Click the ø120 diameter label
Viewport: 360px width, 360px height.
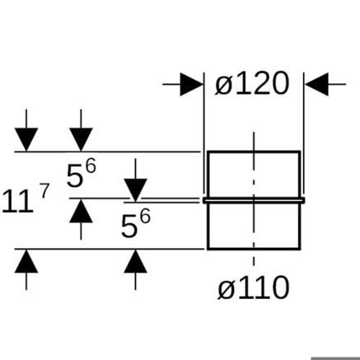(252, 83)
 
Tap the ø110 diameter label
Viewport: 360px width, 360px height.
(254, 288)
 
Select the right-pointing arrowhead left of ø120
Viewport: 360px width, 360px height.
(191, 84)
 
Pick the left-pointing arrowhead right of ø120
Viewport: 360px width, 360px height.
(316, 84)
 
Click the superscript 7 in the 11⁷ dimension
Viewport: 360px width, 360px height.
(44, 191)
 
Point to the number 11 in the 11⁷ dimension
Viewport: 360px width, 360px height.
(17, 202)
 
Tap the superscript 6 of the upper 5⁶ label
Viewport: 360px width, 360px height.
(91, 166)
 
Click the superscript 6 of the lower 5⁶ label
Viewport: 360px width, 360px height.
(145, 217)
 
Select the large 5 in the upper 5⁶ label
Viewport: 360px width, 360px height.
(75, 176)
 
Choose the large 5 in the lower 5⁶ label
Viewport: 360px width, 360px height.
(129, 227)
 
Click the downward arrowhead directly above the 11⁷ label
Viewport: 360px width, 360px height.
(26, 139)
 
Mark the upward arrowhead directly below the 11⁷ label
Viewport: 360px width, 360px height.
(26, 261)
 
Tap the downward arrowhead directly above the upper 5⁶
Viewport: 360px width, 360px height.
(81, 139)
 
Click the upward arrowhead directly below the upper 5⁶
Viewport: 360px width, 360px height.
(81, 211)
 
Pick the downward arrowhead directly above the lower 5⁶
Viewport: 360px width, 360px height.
(135, 190)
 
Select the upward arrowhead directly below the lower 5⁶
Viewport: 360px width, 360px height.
(135, 261)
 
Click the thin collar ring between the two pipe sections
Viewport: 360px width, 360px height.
(254, 200)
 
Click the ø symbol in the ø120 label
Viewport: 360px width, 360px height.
(223, 84)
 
